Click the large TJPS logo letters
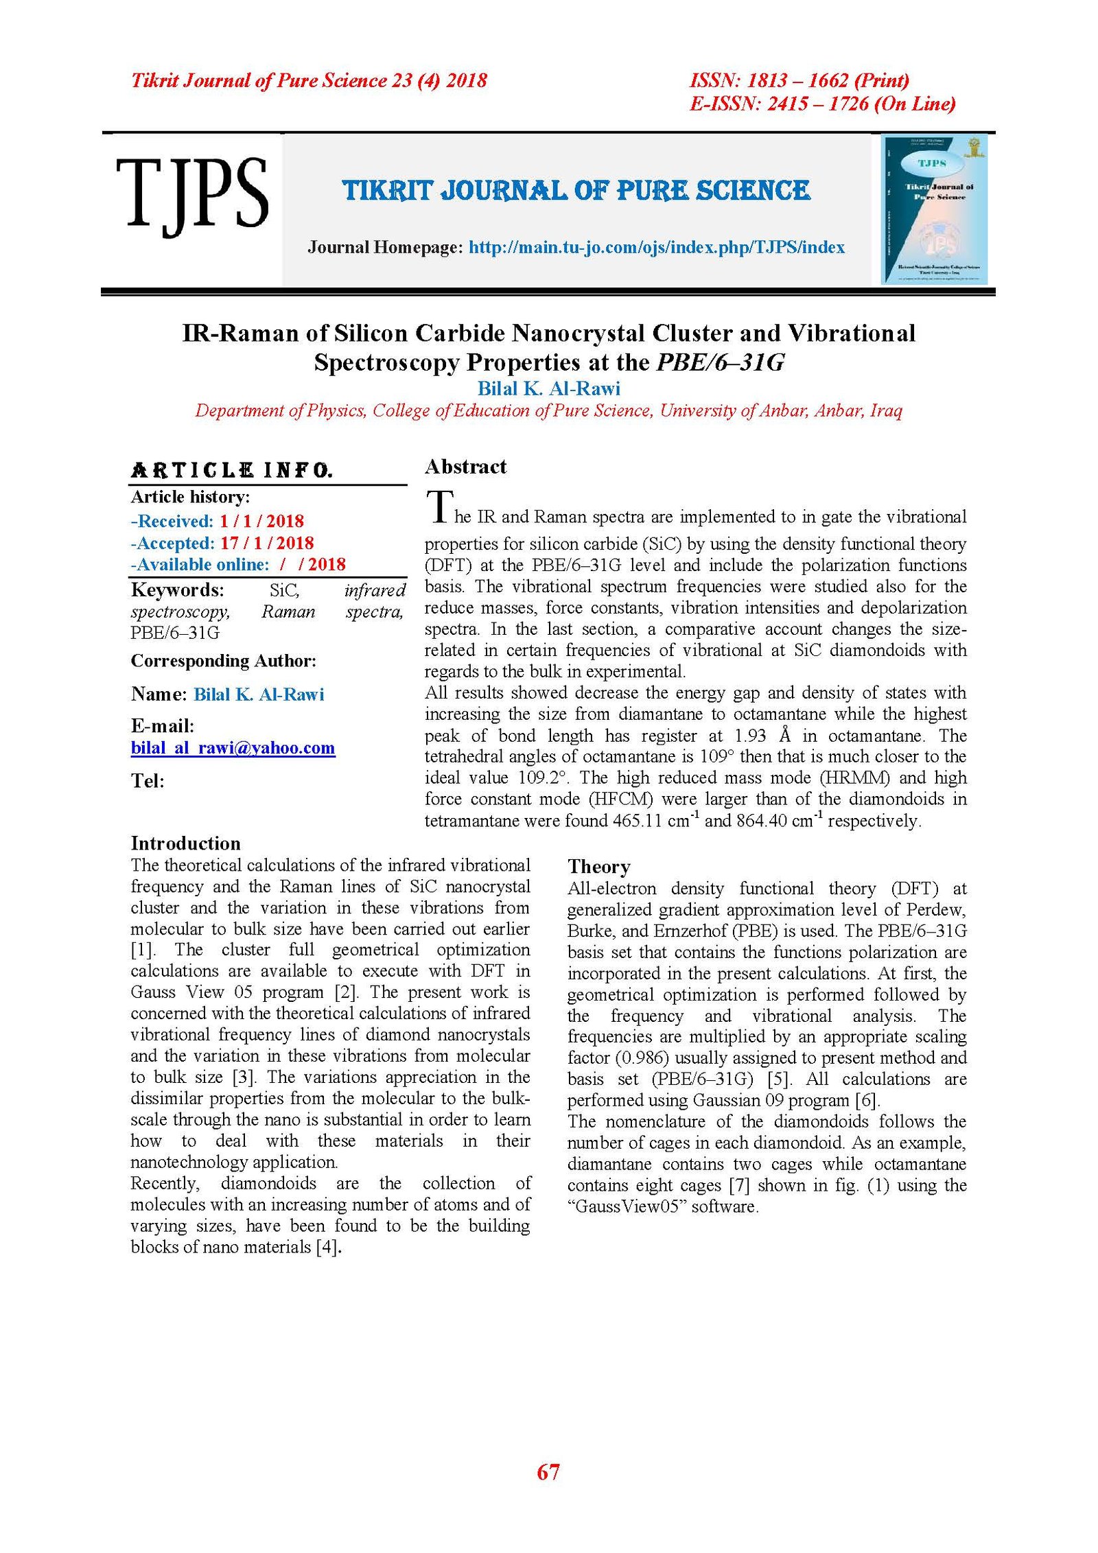pyautogui.click(x=191, y=195)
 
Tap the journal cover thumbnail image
pyautogui.click(x=934, y=209)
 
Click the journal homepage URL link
pyautogui.click(x=656, y=248)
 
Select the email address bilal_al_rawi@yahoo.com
pyautogui.click(x=233, y=748)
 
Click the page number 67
pyautogui.click(x=548, y=1472)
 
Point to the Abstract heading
pyautogui.click(x=465, y=467)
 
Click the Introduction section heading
pyautogui.click(x=185, y=843)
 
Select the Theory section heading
pyautogui.click(x=598, y=867)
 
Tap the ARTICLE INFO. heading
pyautogui.click(x=231, y=471)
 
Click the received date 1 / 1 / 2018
pyautogui.click(x=261, y=522)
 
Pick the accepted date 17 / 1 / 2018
pyautogui.click(x=266, y=544)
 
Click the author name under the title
pyautogui.click(x=548, y=389)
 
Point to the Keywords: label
pyautogui.click(x=177, y=590)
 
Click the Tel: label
pyautogui.click(x=148, y=781)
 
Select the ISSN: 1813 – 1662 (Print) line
pyautogui.click(x=799, y=81)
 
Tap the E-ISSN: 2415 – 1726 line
pyautogui.click(x=822, y=104)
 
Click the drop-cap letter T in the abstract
pyautogui.click(x=439, y=506)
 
